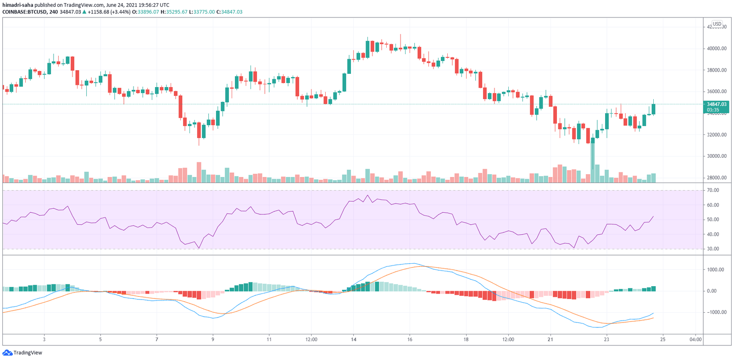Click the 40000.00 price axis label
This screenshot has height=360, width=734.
point(717,49)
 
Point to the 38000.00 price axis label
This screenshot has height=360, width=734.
point(717,70)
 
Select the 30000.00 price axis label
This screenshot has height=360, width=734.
point(717,156)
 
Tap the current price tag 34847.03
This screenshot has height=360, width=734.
point(716,105)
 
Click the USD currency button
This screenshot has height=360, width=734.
point(717,24)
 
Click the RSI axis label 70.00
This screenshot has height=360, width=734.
point(713,190)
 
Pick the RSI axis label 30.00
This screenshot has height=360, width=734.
point(713,249)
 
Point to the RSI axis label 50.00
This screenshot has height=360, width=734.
point(713,220)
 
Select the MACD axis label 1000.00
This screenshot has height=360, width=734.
point(715,270)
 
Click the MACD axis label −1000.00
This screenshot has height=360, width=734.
point(715,312)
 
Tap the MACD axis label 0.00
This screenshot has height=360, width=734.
point(712,291)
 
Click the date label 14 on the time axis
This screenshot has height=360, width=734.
point(354,340)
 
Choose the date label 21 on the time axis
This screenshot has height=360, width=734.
point(550,340)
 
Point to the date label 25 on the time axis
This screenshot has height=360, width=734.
point(663,340)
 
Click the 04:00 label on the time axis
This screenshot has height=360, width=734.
point(695,340)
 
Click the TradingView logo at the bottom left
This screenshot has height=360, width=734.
point(22,353)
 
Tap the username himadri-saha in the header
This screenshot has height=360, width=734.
point(18,5)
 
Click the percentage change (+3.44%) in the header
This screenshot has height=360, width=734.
point(121,12)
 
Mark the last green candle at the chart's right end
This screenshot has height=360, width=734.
point(653,109)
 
